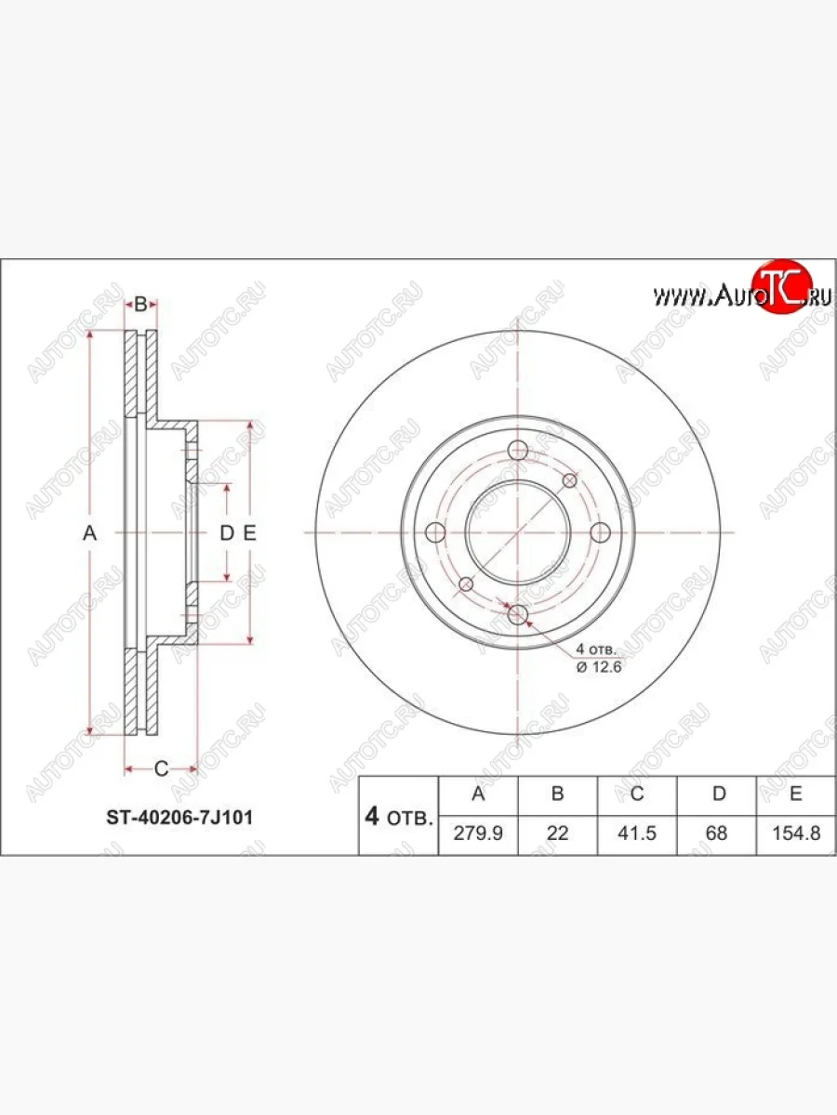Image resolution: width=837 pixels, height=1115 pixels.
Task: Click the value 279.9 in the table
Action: pyautogui.click(x=478, y=833)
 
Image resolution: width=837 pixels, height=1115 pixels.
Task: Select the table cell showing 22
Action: pyautogui.click(x=557, y=833)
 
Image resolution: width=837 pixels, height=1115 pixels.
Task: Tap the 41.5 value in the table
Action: pyautogui.click(x=637, y=833)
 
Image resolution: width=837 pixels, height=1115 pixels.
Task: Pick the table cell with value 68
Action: pyautogui.click(x=716, y=833)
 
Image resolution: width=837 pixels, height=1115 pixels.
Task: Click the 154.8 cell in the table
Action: pyautogui.click(x=795, y=833)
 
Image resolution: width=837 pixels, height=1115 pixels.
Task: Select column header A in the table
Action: pyautogui.click(x=478, y=794)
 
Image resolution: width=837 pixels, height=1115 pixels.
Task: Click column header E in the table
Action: pyautogui.click(x=795, y=794)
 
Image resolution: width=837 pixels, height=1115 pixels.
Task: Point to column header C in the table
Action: pyautogui.click(x=637, y=794)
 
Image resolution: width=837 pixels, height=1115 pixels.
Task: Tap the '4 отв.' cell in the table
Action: pyautogui.click(x=398, y=817)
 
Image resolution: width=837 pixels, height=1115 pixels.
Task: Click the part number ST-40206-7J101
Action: pyautogui.click(x=176, y=818)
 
